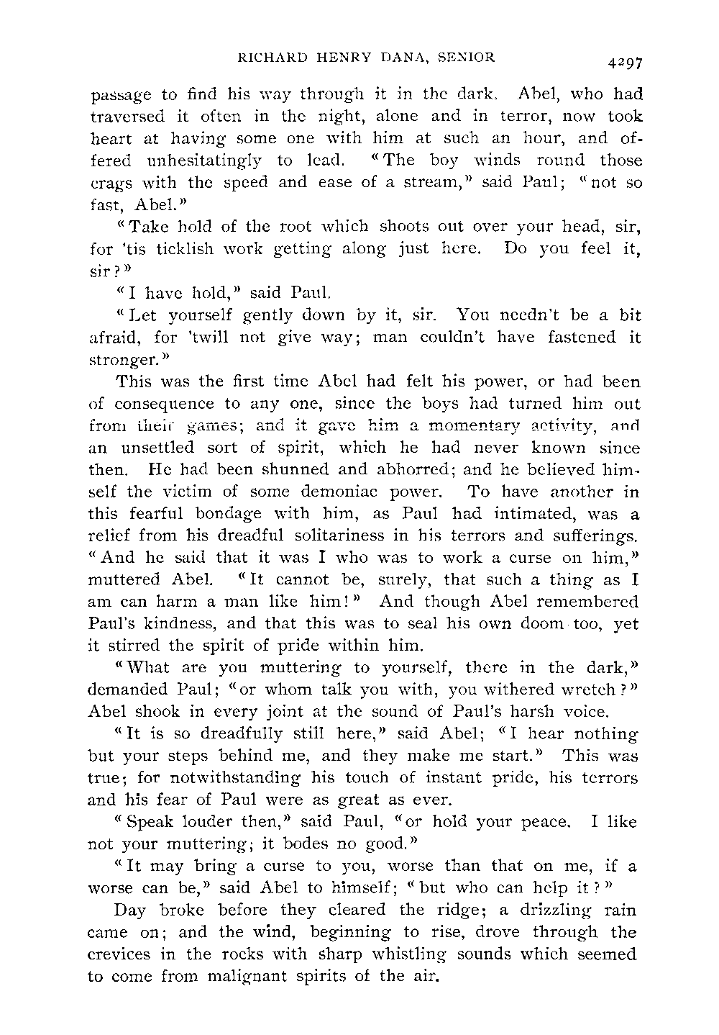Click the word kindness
(x=175, y=624)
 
